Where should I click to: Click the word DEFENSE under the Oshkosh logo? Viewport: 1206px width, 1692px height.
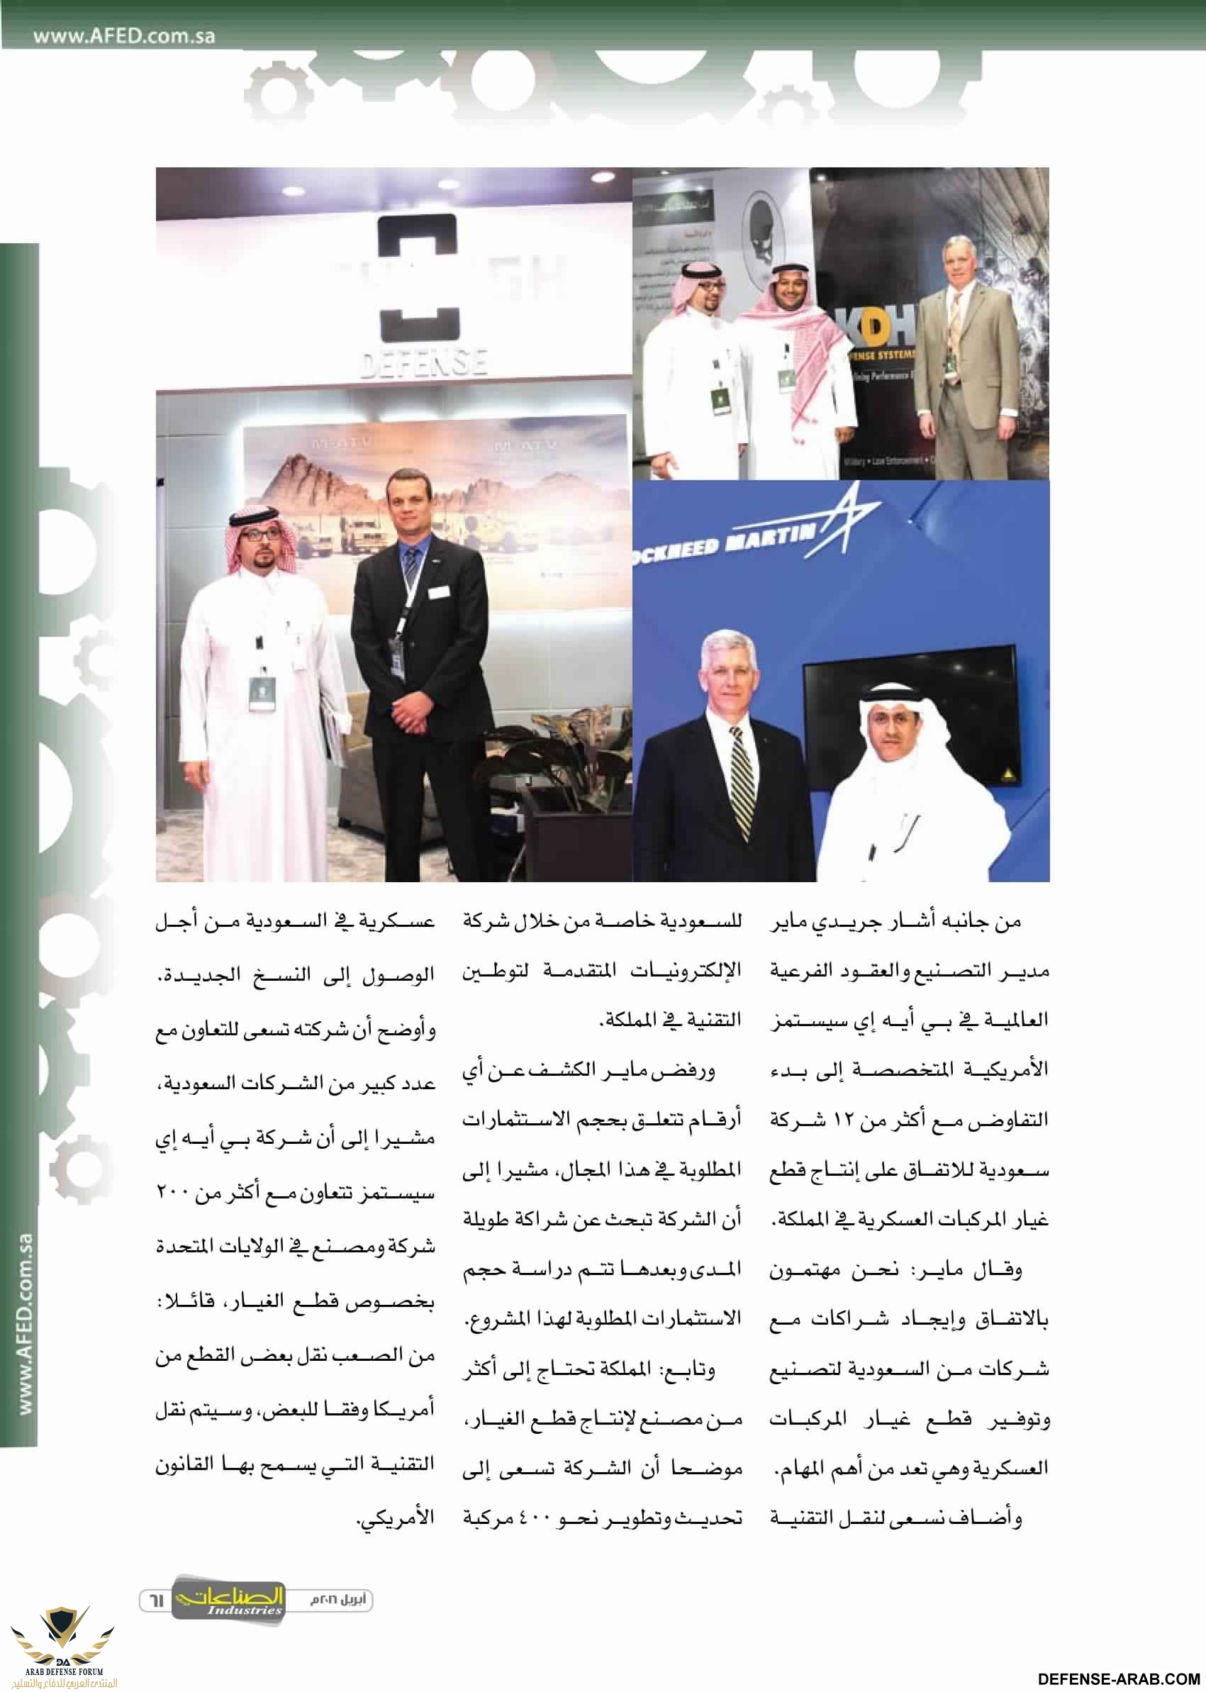pyautogui.click(x=424, y=362)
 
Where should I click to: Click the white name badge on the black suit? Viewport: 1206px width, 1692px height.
pyautogui.click(x=439, y=591)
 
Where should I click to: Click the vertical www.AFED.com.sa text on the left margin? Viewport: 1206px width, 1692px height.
pyautogui.click(x=25, y=1323)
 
